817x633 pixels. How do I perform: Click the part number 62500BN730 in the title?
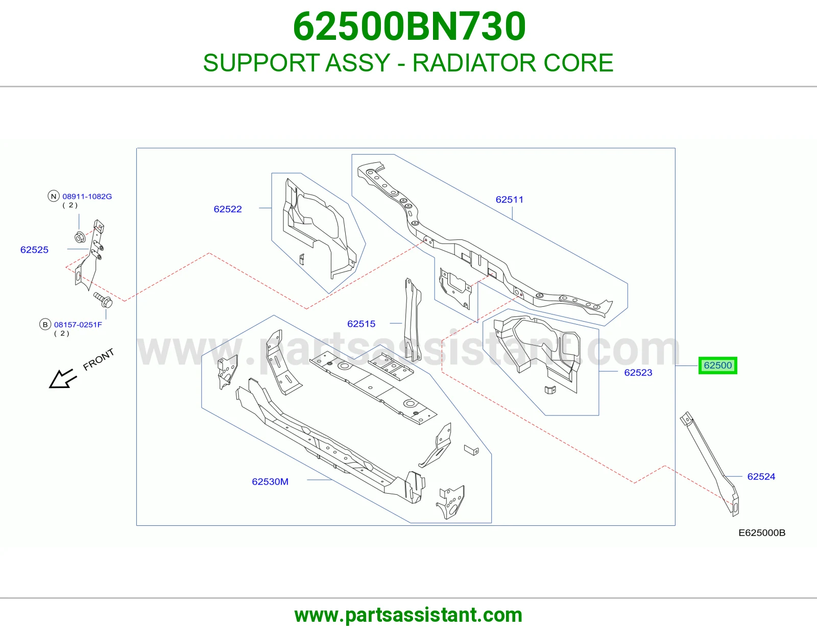point(409,27)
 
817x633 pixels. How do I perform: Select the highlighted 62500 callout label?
point(717,366)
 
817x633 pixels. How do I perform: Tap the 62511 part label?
point(509,200)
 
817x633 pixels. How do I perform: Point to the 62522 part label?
point(227,209)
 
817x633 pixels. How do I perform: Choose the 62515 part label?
point(361,324)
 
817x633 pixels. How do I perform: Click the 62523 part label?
point(638,373)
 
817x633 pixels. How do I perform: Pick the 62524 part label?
point(761,477)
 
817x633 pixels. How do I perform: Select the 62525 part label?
point(34,250)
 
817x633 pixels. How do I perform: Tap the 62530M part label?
point(270,481)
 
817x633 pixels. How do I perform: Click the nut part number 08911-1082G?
point(87,196)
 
